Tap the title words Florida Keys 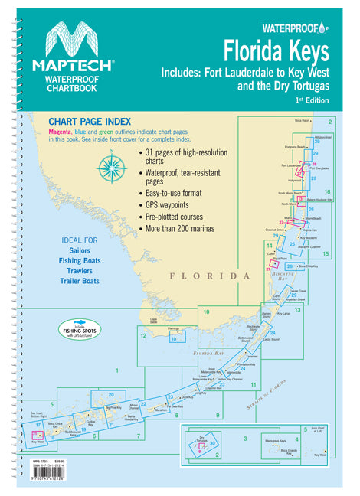pos(277,51)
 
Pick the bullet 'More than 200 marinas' pos(188,228)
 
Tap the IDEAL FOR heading pos(80,241)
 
